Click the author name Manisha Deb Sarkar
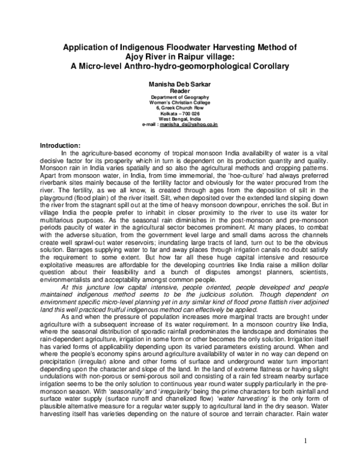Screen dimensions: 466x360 coord(180,84)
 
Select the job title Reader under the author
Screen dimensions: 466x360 coord(180,91)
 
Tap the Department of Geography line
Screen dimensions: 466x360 coord(180,97)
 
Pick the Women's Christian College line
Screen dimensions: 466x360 coord(180,103)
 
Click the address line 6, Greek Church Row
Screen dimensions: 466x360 coord(180,108)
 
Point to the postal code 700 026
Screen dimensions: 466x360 coord(190,113)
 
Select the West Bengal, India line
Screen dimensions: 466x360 coord(180,119)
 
